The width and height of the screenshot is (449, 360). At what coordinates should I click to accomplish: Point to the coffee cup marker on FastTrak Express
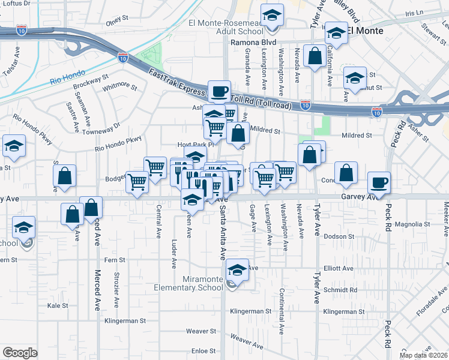coord(219,91)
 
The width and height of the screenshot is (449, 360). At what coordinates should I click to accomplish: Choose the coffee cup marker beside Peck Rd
coord(378,182)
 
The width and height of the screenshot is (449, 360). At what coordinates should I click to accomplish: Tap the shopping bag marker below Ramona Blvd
coord(315,57)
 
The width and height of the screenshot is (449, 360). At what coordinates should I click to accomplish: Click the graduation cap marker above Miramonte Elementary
coord(238,269)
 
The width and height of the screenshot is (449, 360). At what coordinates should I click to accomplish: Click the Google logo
coord(20,353)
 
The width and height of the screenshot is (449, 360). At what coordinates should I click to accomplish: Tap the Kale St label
coord(58,305)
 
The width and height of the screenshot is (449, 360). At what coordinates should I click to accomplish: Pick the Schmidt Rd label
coord(342,289)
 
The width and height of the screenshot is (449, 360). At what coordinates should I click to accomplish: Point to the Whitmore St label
coord(120,88)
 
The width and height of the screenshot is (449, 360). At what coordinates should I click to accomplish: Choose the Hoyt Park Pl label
coord(195,145)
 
